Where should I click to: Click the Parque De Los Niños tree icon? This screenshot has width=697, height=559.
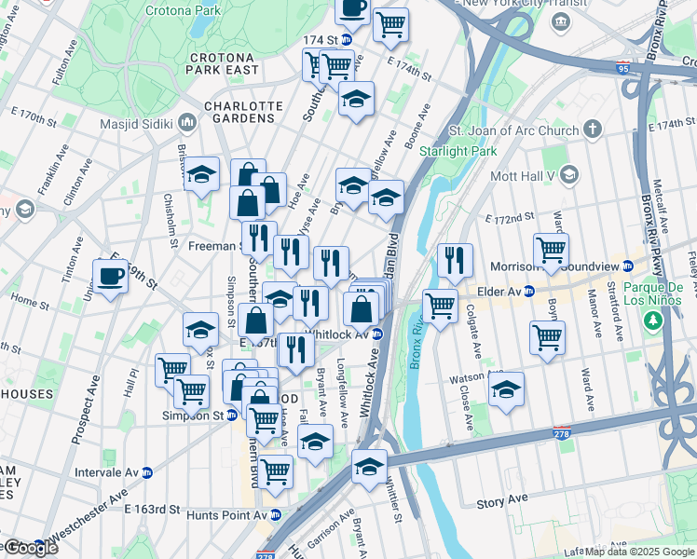click(x=653, y=321)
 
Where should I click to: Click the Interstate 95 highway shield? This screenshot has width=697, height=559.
click(x=622, y=68)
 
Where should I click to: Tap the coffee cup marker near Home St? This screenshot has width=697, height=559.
click(x=111, y=277)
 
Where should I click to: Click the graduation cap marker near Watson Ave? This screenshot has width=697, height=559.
click(x=506, y=390)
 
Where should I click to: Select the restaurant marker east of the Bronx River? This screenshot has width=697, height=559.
click(x=455, y=261)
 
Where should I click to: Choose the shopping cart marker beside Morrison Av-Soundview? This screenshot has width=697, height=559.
click(x=552, y=251)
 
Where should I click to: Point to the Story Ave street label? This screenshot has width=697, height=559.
click(x=502, y=502)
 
